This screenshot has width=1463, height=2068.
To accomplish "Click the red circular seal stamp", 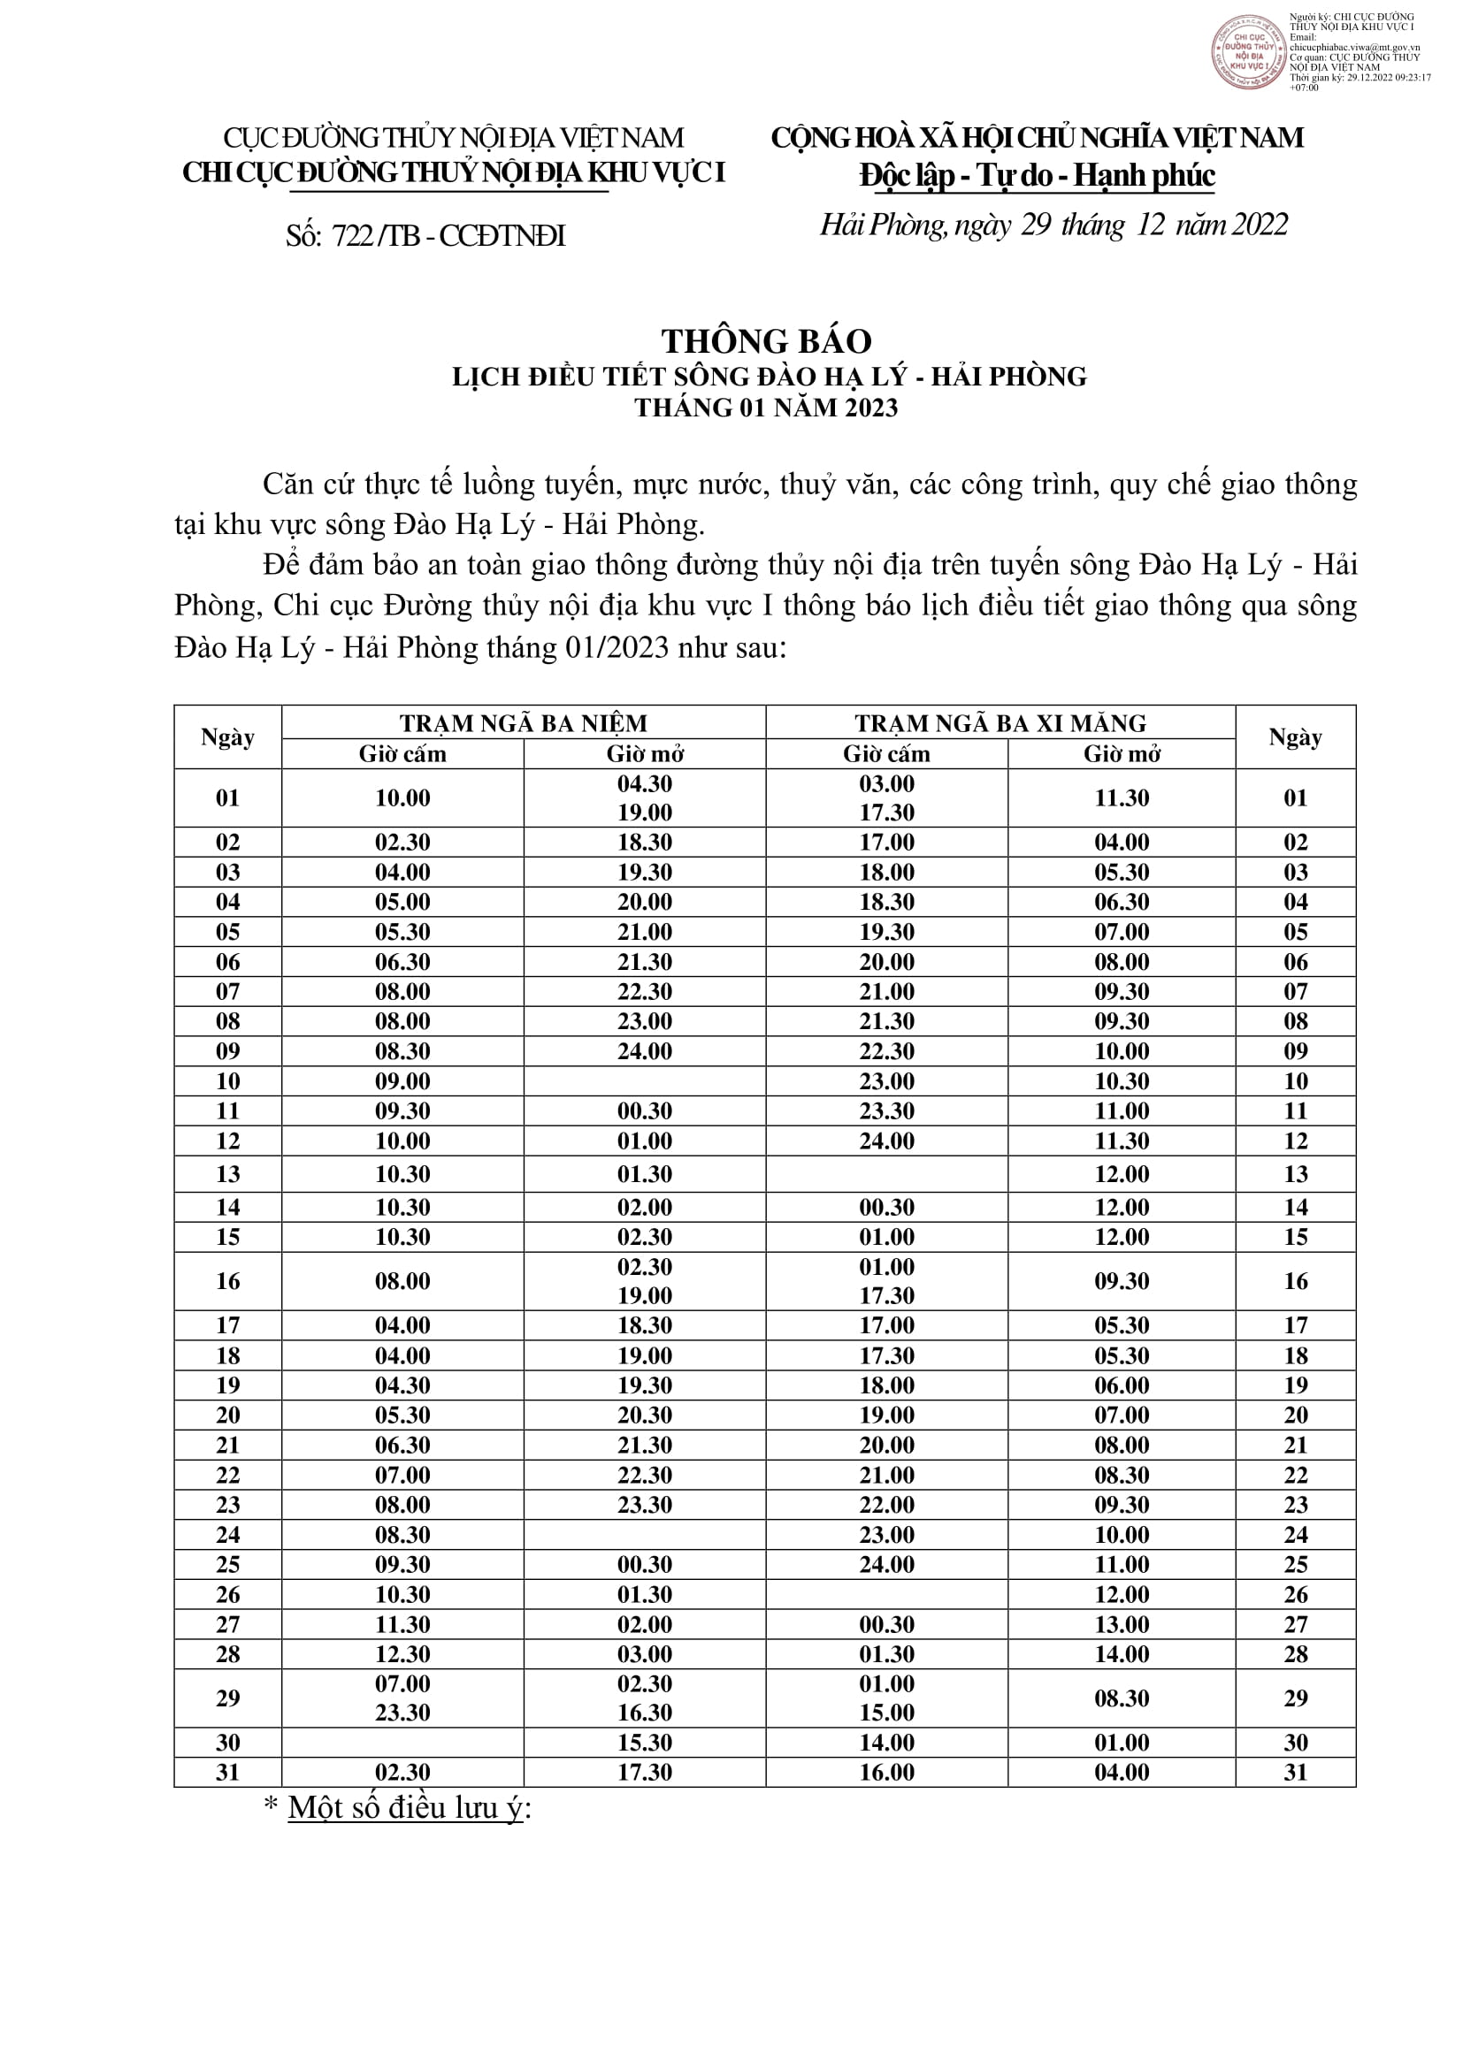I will coord(1248,51).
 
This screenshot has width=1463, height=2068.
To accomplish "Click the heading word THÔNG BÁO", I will coord(767,341).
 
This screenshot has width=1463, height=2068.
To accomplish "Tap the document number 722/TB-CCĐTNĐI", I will coord(426,236).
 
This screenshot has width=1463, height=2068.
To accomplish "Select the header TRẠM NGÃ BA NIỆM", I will coord(524,723).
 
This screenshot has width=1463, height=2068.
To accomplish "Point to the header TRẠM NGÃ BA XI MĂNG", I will coord(1000,723).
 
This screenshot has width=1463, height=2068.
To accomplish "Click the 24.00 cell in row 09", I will coord(644,1051).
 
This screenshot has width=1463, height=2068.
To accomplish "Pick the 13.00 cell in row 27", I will coord(1122,1625).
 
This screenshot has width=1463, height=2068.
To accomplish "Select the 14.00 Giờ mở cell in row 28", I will coord(1122,1654).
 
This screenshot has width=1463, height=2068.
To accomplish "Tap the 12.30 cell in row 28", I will coord(402,1654).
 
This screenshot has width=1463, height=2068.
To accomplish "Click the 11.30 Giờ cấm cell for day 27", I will coord(402,1625).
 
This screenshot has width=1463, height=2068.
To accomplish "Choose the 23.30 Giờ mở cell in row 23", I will coord(644,1505).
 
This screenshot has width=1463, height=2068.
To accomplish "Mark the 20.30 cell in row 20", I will coord(644,1415).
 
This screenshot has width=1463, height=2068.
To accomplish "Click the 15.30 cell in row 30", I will coord(644,1743).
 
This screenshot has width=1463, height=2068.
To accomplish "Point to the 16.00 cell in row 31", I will coord(886,1773).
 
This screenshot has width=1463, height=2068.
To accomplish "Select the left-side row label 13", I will coord(228,1174).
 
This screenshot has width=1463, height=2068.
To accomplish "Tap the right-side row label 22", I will coord(1296,1476).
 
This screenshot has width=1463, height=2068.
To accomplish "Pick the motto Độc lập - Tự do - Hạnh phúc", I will coord(1037,176).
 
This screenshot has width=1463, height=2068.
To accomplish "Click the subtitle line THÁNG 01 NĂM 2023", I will coord(767,408).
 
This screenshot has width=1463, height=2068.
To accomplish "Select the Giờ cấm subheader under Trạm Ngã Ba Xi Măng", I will coord(886,754).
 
